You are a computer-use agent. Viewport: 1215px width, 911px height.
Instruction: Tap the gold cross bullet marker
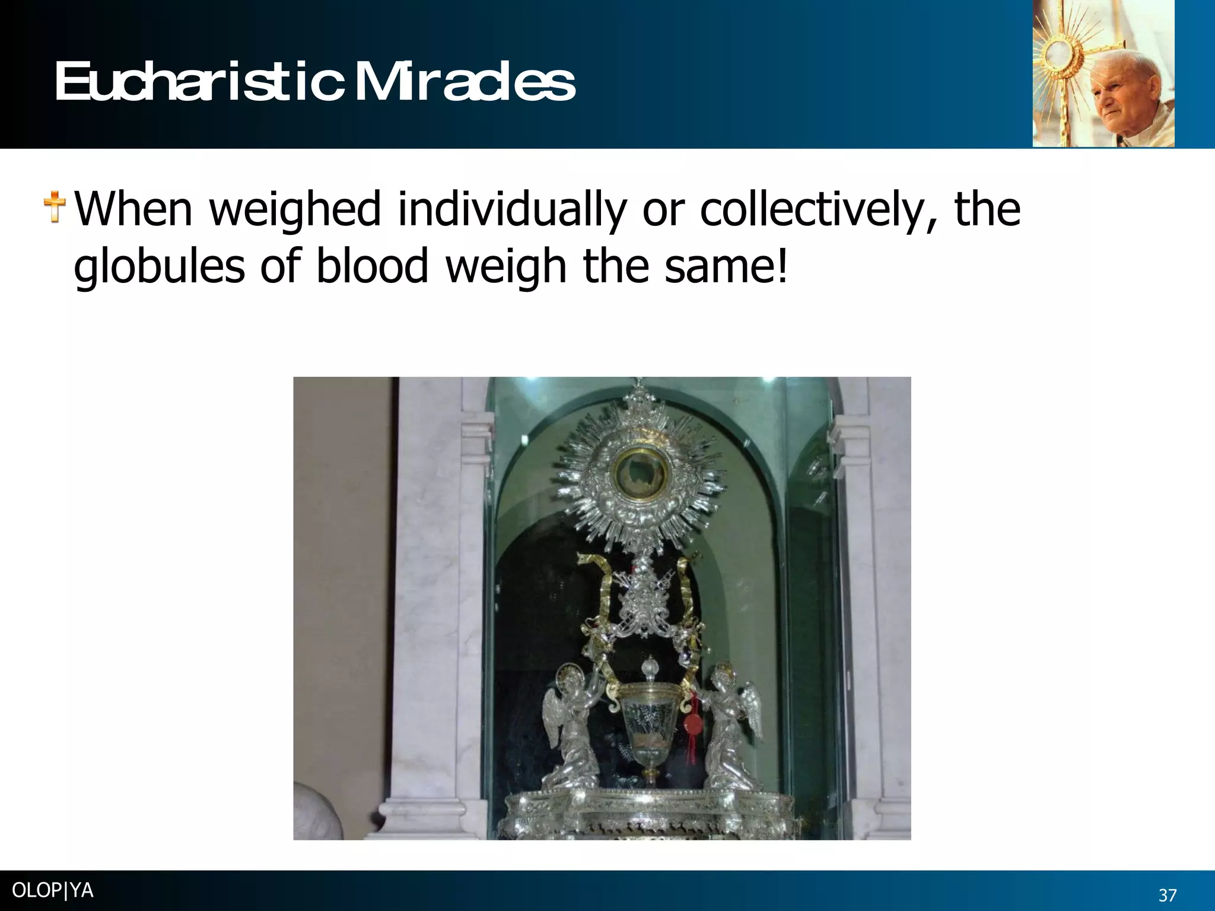coord(55,208)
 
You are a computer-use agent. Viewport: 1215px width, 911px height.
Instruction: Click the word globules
coord(159,266)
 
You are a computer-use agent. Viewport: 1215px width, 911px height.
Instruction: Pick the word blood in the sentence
coord(371,266)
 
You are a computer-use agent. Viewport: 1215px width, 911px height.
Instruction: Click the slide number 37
coord(1168,895)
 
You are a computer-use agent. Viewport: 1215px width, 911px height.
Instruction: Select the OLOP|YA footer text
coord(52,891)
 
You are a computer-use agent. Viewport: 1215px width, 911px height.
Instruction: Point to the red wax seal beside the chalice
coord(692,725)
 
